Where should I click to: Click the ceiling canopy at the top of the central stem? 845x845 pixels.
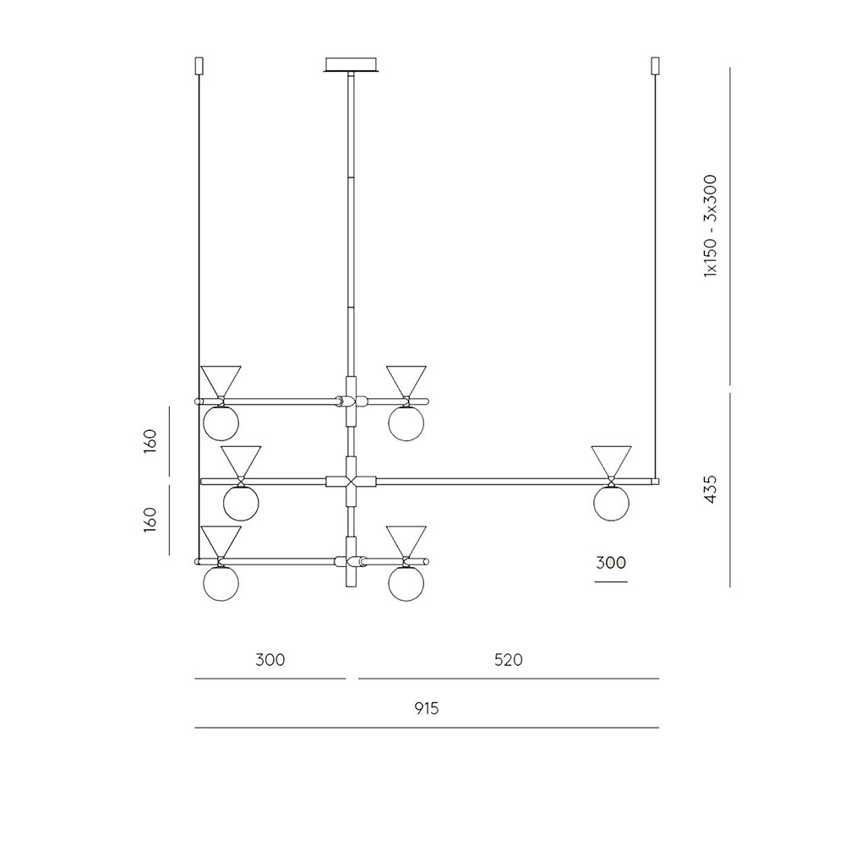pos(352,65)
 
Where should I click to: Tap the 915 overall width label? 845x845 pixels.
pos(427,708)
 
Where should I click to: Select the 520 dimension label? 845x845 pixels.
pos(508,660)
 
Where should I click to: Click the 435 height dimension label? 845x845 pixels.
pos(711,489)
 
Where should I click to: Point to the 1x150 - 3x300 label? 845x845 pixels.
pos(711,226)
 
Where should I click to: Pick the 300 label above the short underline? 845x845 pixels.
pos(611,563)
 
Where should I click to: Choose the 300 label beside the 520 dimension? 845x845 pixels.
pos(270,660)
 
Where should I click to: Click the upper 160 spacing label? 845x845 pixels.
pos(150,441)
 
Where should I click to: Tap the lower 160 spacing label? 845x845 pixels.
pos(150,520)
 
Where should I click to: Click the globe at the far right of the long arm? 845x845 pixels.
pos(611,504)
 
